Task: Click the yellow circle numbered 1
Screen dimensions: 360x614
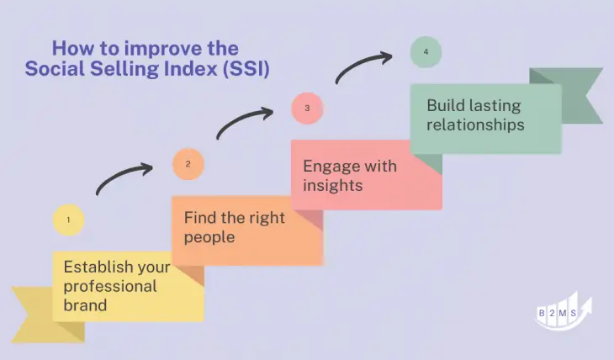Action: pos(68,220)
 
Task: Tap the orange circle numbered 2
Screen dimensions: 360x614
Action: pos(188,164)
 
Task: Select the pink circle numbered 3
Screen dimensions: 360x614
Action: pos(307,108)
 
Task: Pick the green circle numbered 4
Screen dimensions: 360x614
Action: pos(426,52)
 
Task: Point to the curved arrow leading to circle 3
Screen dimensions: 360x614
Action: pos(244,121)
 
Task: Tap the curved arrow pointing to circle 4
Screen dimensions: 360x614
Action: pos(363,66)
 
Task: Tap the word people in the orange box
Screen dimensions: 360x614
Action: pos(209,237)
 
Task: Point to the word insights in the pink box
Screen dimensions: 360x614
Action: pos(332,185)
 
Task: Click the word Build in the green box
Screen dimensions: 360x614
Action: pos(445,106)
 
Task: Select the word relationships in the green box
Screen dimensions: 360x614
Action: pos(475,124)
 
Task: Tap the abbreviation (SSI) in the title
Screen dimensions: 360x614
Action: pos(244,69)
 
